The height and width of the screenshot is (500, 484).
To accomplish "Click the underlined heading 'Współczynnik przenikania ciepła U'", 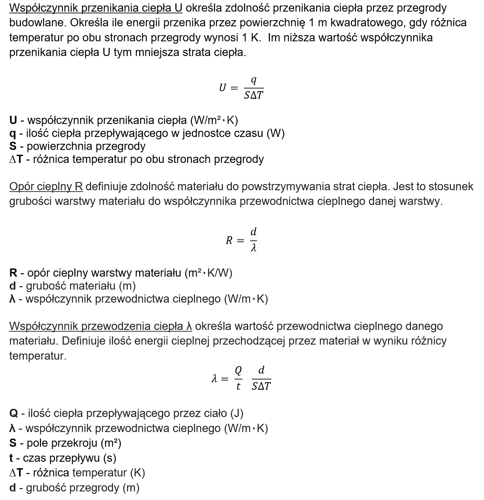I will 96,8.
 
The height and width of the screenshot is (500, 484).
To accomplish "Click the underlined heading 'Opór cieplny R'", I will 46,187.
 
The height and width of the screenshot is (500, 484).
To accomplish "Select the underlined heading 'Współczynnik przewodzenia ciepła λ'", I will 100,326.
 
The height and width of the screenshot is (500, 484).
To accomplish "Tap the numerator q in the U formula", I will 254,81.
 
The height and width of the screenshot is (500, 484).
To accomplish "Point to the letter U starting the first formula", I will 223,88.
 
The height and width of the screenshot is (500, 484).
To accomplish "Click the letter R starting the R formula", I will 229,241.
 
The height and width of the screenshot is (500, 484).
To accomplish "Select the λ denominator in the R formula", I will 253,248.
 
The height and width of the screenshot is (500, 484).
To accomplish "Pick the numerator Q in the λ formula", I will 238,370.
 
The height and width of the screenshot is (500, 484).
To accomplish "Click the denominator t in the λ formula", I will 238,386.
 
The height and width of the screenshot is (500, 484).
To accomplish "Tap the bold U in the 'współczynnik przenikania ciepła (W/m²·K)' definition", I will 13,120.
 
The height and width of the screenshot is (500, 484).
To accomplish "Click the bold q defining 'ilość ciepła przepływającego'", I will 13,134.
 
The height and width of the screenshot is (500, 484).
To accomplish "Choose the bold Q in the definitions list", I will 14,414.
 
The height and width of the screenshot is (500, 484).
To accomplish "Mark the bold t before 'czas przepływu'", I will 11,458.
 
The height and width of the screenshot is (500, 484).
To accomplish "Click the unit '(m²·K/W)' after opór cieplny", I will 208,273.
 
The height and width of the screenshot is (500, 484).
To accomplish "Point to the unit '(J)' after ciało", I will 237,414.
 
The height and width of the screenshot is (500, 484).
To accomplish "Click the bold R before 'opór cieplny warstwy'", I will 13,273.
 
